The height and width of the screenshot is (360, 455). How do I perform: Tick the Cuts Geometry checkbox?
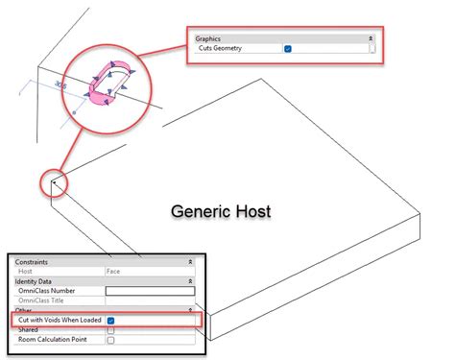click(288, 47)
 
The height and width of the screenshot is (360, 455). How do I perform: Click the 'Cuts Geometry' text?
click(220, 47)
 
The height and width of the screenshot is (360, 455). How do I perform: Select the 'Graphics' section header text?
click(207, 37)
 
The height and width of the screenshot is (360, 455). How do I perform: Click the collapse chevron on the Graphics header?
click(371, 37)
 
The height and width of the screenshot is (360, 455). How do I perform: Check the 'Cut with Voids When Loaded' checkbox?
click(111, 320)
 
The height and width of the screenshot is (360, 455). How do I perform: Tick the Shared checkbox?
click(111, 329)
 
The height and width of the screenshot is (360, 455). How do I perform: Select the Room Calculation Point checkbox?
click(111, 340)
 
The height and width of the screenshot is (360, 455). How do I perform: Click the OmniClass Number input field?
click(149, 291)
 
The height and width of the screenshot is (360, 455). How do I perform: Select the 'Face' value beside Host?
click(112, 272)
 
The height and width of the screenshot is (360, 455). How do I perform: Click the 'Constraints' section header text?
click(34, 262)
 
